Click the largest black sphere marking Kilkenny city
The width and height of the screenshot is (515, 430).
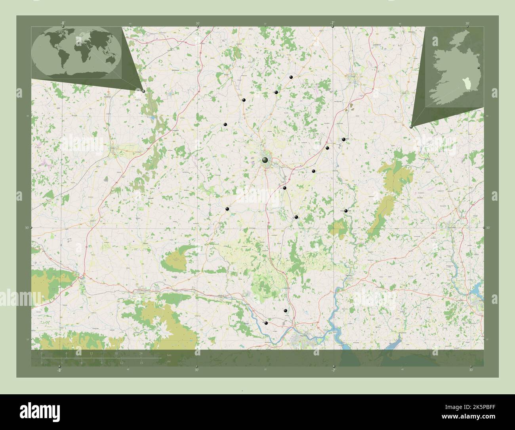pos(265,160)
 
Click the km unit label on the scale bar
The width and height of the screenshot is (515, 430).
pos(169,355)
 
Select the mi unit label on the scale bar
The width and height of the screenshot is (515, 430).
pos(168,361)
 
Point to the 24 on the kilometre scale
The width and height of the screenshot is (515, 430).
pos(141,353)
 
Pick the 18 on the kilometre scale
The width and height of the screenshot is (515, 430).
pos(116,353)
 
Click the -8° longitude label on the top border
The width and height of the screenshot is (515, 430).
pos(63,23)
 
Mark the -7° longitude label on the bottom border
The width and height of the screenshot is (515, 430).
pos(334,370)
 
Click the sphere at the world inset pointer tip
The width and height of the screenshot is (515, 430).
pos(143,91)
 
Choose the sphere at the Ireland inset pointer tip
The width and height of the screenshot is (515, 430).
pos(411,127)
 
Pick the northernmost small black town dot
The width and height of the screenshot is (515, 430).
pos(291,77)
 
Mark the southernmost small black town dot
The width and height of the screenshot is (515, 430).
pos(266,323)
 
